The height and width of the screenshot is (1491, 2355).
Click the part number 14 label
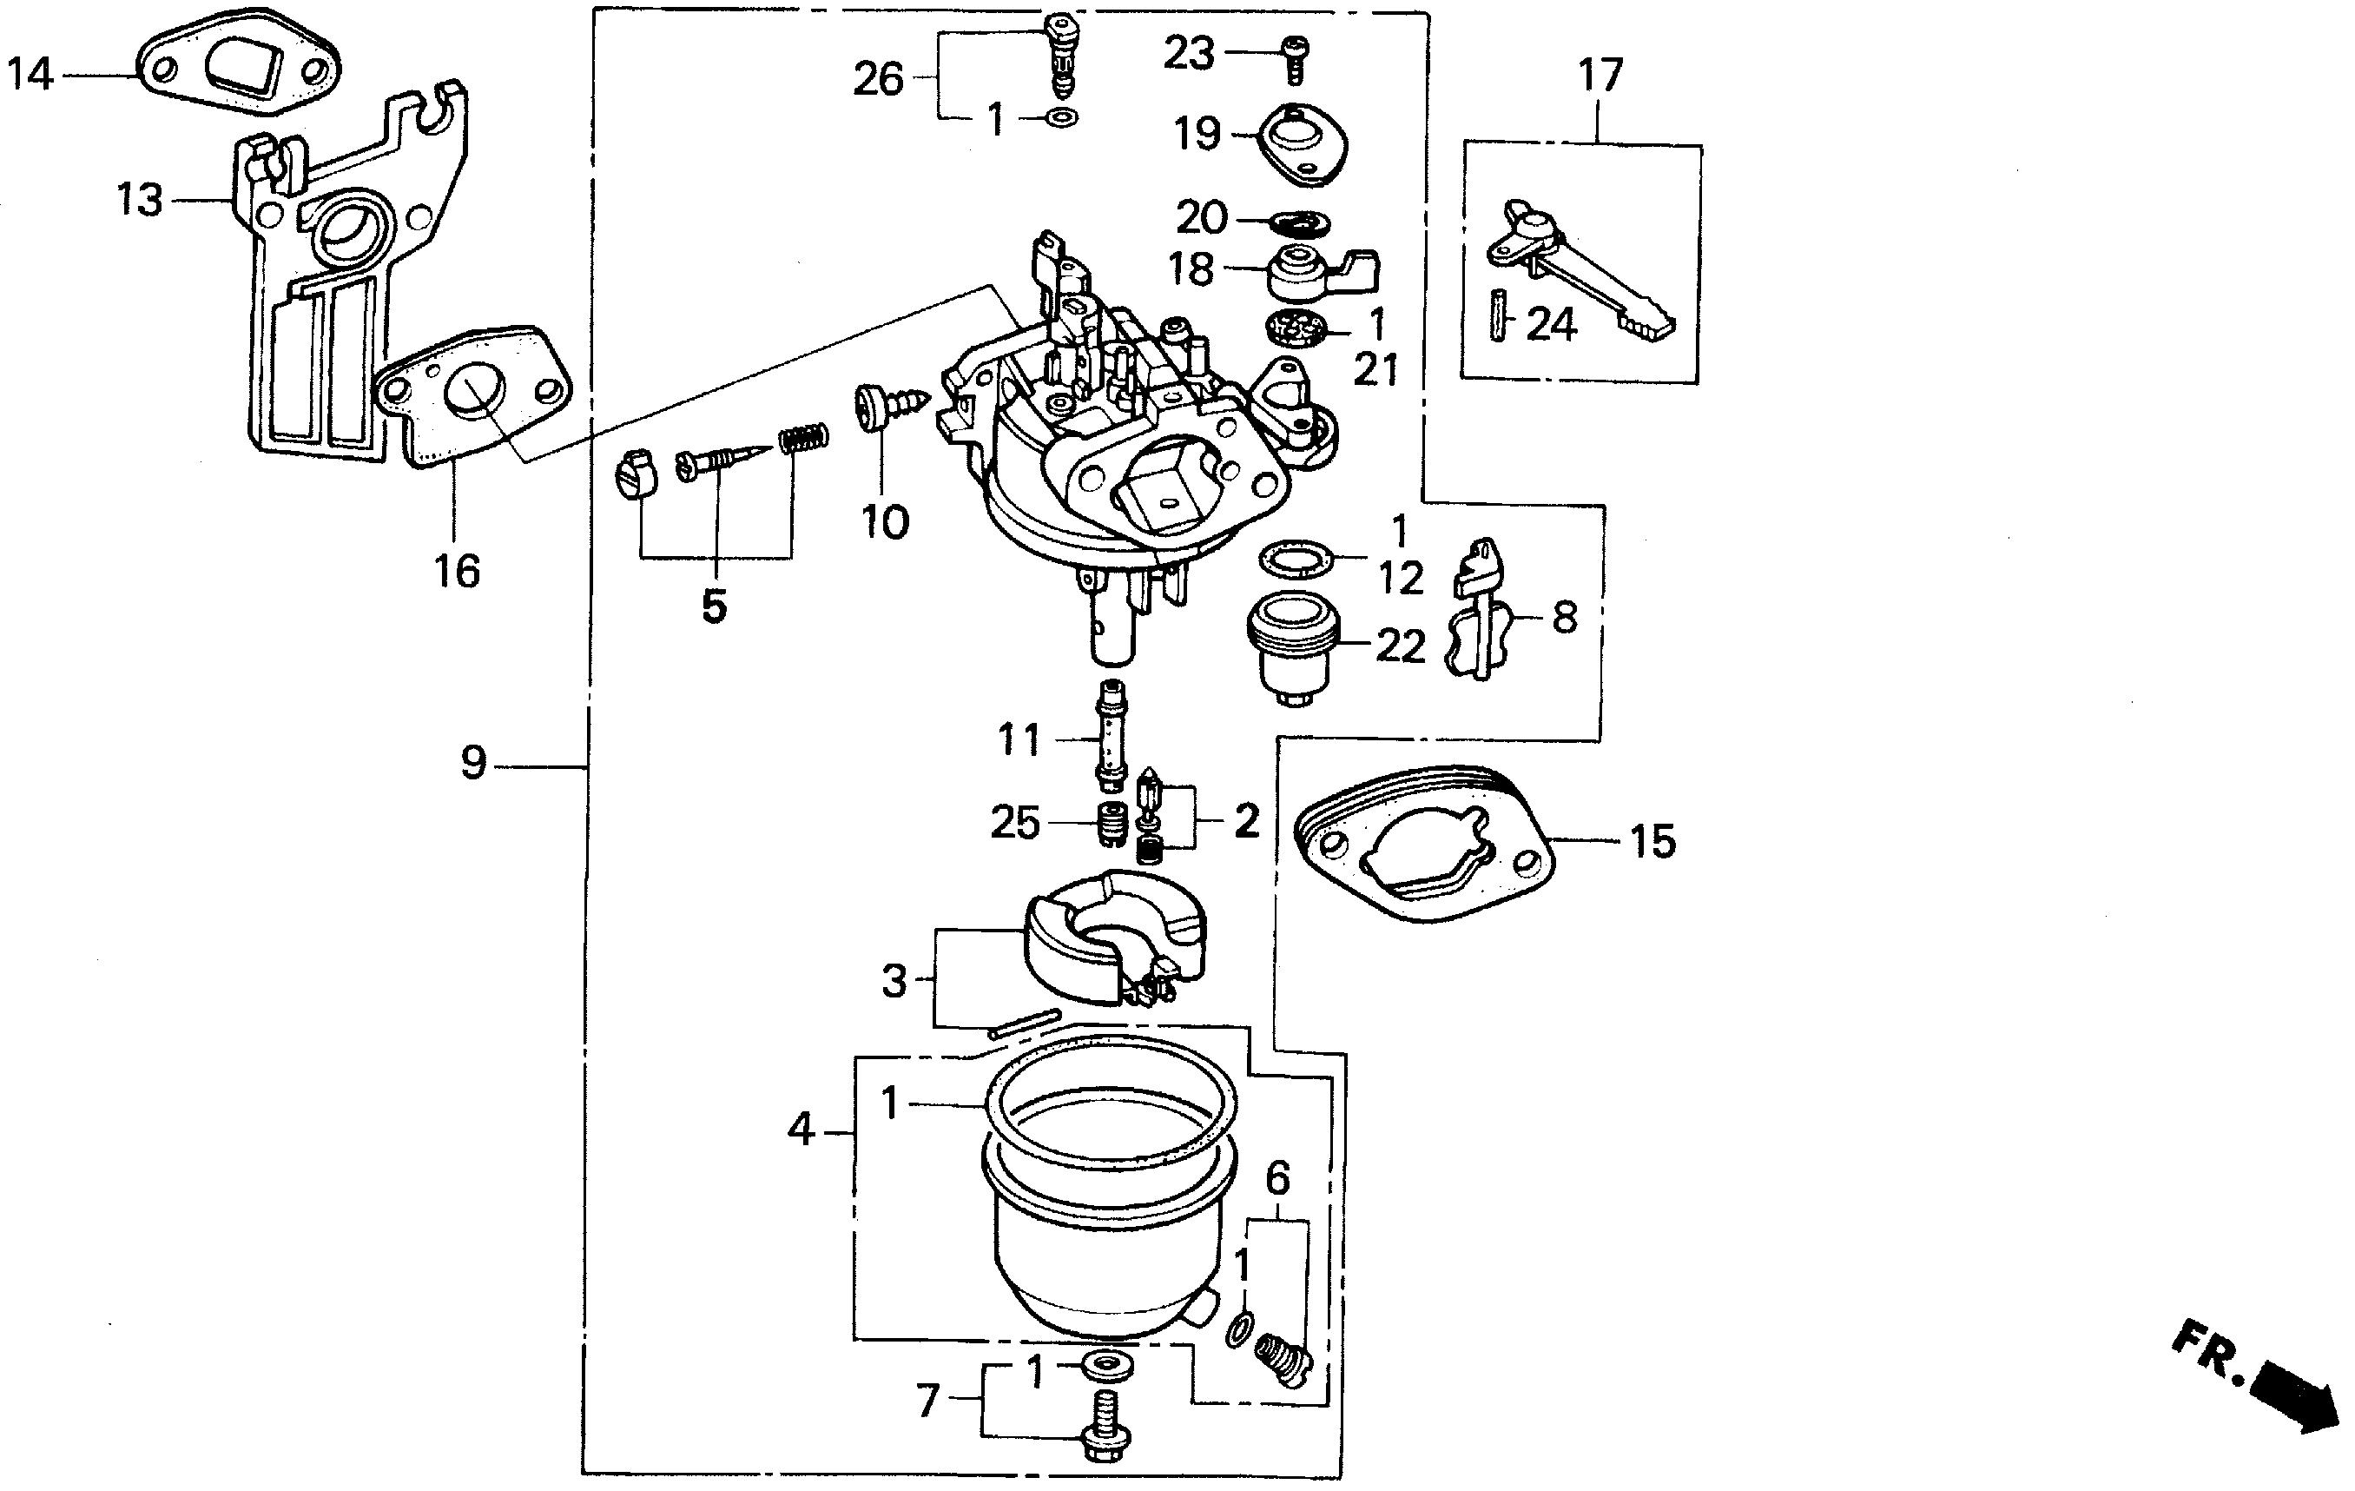30,75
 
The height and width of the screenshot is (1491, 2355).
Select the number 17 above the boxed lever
1600,76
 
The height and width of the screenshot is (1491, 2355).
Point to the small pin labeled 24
1497,315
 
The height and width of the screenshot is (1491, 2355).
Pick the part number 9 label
473,762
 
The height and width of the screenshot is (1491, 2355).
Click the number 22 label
1401,646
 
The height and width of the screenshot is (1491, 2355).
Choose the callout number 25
1015,823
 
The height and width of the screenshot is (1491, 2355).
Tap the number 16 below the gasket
457,572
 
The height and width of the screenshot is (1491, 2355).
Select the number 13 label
139,200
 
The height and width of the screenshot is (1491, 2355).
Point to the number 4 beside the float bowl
800,1131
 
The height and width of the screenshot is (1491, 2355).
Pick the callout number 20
1201,217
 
